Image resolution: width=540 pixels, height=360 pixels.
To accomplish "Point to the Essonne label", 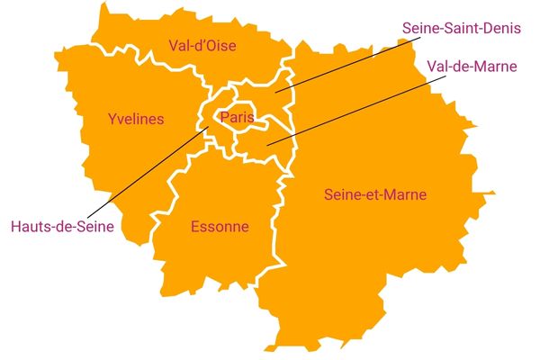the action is pos(220,227).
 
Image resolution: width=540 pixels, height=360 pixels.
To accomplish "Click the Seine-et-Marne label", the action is pos(374,194).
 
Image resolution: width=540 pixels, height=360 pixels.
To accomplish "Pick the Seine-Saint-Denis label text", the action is pos(462,28).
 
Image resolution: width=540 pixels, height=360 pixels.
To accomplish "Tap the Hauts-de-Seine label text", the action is pos(62,227).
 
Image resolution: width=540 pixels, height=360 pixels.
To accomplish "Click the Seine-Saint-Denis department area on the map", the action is pos(270,90).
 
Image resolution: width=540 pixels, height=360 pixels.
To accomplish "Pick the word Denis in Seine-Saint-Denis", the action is pos(503,28).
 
